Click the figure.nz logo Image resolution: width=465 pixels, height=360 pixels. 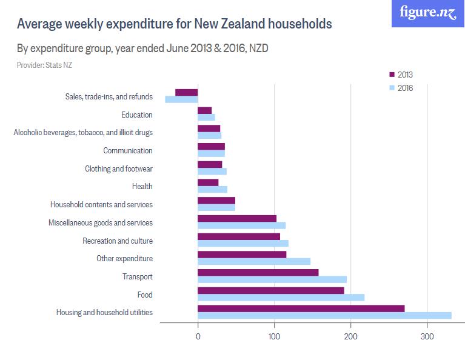pyautogui.click(x=427, y=13)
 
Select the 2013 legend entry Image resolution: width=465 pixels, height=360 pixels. pyautogui.click(x=400, y=75)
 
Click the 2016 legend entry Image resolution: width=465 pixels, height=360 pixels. pyautogui.click(x=400, y=88)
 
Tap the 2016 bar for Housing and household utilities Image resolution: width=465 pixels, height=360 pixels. pyautogui.click(x=324, y=315)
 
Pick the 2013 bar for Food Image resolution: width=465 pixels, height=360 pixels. pyautogui.click(x=271, y=290)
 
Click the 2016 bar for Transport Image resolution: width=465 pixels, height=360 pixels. pyautogui.click(x=272, y=279)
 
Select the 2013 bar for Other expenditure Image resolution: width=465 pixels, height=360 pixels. pyautogui.click(x=242, y=255)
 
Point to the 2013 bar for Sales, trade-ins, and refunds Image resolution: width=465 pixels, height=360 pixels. pyautogui.click(x=187, y=92)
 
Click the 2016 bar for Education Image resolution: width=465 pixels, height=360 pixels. pyautogui.click(x=207, y=117)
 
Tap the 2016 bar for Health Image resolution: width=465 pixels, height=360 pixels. pyautogui.click(x=213, y=189)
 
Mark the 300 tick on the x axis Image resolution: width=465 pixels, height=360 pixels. pyautogui.click(x=427, y=337)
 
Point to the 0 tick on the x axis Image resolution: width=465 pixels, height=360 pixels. pyautogui.click(x=198, y=337)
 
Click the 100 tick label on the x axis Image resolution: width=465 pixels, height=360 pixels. pyautogui.click(x=275, y=337)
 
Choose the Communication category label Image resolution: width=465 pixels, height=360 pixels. pyautogui.click(x=128, y=150)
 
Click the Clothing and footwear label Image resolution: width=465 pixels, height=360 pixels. pyautogui.click(x=119, y=168)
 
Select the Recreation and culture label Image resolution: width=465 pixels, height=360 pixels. pyautogui.click(x=118, y=241)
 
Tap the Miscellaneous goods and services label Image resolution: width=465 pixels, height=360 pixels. pyautogui.click(x=101, y=222)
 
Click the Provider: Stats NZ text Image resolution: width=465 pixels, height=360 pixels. pyautogui.click(x=45, y=65)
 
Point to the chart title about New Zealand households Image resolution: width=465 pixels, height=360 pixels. pyautogui.click(x=174, y=24)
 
